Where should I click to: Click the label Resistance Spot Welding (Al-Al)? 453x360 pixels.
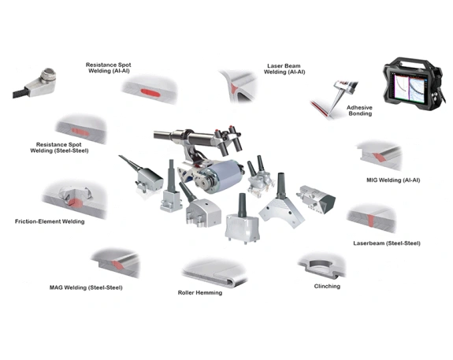click(x=109, y=68)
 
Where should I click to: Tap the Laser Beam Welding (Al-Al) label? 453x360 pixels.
click(x=284, y=69)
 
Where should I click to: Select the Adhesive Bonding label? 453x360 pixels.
click(x=360, y=110)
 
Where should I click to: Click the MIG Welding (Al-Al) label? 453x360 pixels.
click(x=393, y=180)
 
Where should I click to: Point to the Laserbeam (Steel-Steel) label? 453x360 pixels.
click(x=387, y=243)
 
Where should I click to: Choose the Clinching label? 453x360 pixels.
click(x=327, y=286)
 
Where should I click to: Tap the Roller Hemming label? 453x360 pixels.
click(x=200, y=293)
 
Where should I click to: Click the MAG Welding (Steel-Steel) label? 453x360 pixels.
click(x=86, y=288)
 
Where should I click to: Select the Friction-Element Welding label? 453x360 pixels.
click(x=50, y=221)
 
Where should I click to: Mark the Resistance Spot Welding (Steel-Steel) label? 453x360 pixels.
click(x=59, y=147)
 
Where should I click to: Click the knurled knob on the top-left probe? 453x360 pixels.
click(x=48, y=76)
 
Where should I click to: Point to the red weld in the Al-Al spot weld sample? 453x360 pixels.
click(x=150, y=93)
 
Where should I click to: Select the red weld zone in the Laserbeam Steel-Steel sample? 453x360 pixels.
click(x=371, y=220)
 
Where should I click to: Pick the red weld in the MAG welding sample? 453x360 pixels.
click(x=117, y=265)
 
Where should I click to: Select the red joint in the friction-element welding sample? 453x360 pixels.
click(x=76, y=203)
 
